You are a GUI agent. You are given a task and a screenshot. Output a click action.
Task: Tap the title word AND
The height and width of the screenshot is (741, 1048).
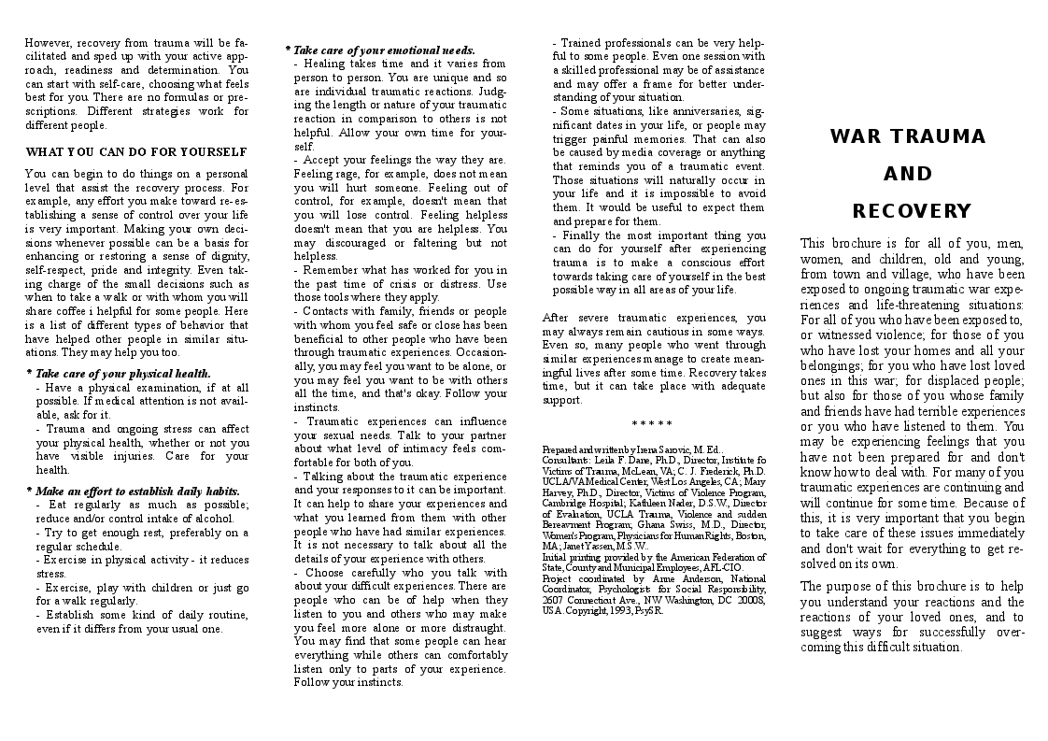coord(908,174)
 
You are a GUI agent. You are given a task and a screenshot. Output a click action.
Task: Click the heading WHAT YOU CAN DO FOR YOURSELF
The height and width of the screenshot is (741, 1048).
coord(136,151)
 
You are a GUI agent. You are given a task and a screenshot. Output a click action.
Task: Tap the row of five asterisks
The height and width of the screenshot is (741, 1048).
coord(653,425)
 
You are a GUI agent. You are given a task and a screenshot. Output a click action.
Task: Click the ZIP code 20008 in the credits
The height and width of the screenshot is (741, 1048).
coord(749,600)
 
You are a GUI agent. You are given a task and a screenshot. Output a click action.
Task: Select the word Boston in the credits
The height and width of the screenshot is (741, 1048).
coord(746,536)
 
